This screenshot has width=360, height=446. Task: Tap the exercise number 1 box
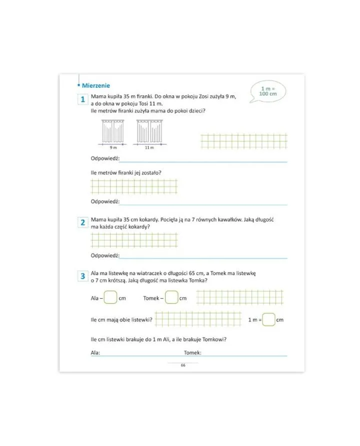pos(83,100)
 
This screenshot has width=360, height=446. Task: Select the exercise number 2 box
pos(83,223)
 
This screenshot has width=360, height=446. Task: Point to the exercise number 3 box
pos(83,276)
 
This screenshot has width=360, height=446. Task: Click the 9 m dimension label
pos(113,148)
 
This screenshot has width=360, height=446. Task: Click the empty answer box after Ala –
pos(110,298)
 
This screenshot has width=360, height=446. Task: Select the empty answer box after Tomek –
pos(171,298)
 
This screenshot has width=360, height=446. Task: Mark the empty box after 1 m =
pos(268,319)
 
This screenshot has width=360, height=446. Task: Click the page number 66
pos(183,365)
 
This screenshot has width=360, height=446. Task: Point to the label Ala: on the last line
pos(95,353)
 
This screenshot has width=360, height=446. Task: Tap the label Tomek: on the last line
pos(192,353)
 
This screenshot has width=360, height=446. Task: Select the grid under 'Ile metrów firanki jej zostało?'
pos(134,186)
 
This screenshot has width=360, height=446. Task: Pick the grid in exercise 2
pos(134,240)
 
